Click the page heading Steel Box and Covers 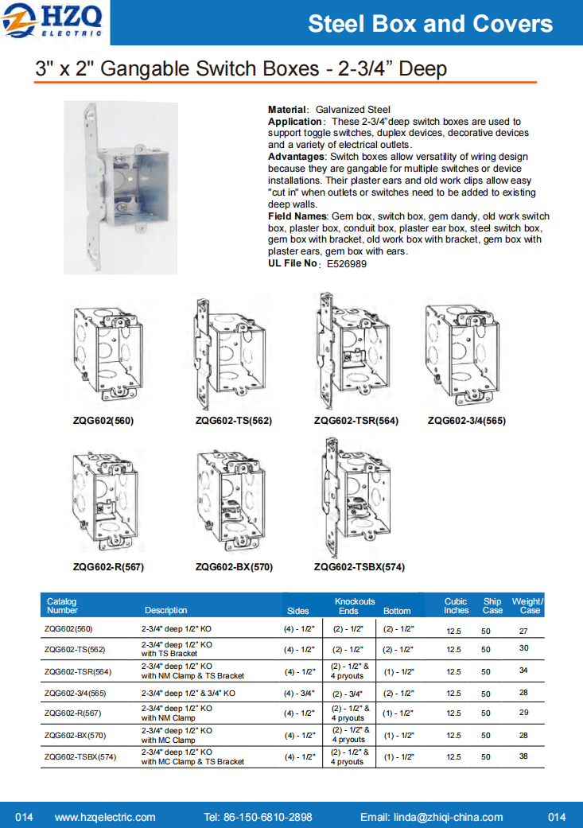430,24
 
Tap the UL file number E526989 347,264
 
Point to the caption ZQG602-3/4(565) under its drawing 466,421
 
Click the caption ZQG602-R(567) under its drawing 108,567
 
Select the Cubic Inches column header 456,606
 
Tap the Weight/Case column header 527,606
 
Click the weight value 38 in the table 523,756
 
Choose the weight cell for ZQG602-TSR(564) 523,671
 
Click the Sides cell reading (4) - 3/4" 300,693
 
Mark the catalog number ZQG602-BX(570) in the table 75,735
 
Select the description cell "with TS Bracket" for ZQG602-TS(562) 169,653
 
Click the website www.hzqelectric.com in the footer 105,817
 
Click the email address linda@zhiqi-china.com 431,817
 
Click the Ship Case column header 492,606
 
